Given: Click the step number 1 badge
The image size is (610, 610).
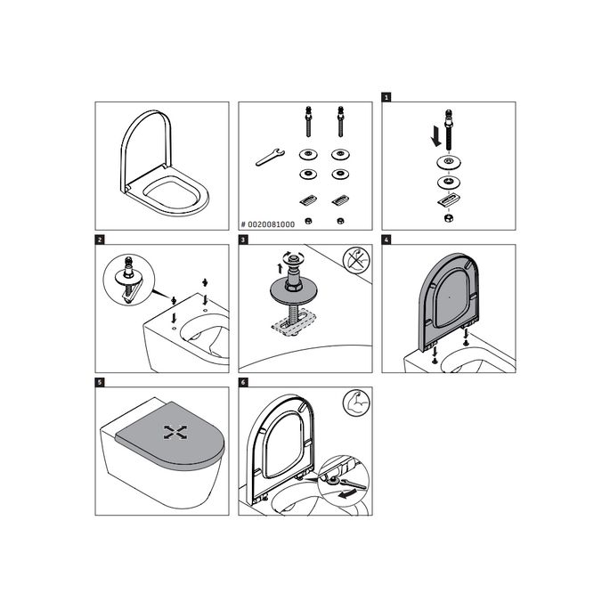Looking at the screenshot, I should [386, 96].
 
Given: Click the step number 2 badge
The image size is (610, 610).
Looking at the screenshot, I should [100, 240].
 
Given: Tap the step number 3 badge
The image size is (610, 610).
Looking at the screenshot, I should [243, 240].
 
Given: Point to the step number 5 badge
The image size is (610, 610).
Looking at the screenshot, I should [100, 383].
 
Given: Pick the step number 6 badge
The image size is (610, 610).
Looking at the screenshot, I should [243, 383].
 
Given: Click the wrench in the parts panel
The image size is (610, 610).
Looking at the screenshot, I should [268, 157].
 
